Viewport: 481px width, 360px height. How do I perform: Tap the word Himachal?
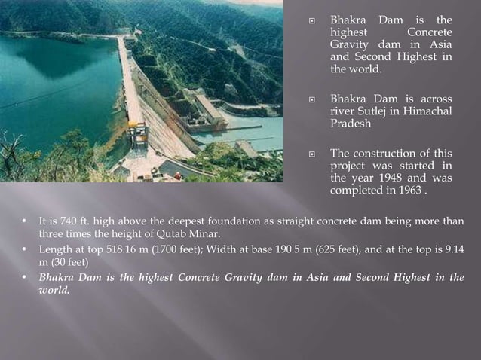tap(425, 111)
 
